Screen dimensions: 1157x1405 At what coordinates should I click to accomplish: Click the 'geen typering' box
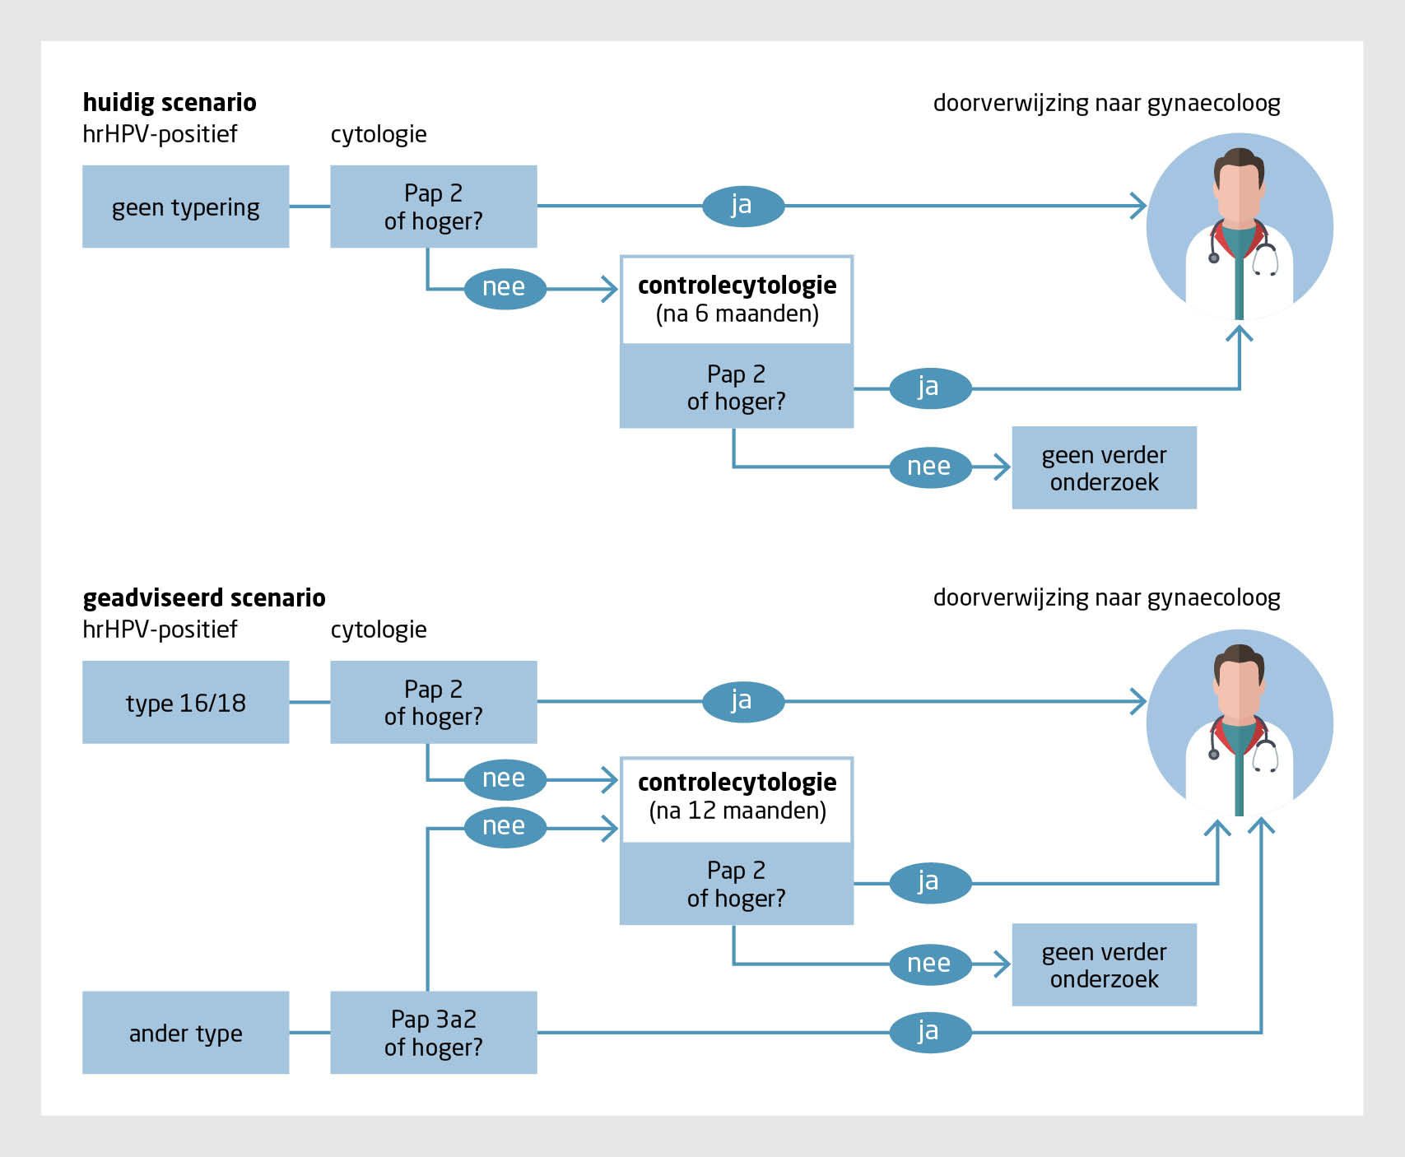tap(185, 207)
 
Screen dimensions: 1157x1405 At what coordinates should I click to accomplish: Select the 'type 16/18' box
tap(185, 702)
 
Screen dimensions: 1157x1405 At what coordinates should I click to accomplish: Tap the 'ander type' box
tap(185, 1033)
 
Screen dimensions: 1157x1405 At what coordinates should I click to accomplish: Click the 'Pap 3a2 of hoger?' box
tap(433, 1033)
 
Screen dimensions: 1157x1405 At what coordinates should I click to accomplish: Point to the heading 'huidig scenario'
tap(170, 102)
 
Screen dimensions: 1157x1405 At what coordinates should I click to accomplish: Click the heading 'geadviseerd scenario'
tap(204, 597)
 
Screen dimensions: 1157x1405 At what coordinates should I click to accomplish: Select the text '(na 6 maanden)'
tap(737, 314)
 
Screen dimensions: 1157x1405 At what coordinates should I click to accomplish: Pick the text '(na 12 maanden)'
tap(737, 811)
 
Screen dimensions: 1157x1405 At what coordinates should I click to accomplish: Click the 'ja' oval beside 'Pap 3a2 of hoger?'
tap(930, 1032)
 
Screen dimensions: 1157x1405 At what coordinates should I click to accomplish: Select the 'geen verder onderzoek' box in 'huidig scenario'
tap(1104, 467)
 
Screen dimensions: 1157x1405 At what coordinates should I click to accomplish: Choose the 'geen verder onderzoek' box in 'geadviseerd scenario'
tap(1104, 964)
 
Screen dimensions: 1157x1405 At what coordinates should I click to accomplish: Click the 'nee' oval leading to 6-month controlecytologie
tap(505, 288)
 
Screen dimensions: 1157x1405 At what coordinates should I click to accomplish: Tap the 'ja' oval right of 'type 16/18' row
tap(742, 701)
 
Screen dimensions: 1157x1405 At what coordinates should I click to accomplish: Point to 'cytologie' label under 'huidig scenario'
tap(379, 134)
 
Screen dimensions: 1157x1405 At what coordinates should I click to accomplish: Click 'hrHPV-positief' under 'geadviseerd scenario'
tap(160, 630)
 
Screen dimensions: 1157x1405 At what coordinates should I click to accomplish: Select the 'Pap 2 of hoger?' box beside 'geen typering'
tap(433, 207)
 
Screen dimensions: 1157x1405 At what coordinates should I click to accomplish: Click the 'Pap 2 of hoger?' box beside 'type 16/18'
tap(433, 702)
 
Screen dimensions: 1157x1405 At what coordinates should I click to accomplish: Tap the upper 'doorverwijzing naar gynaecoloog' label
tap(1106, 103)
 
